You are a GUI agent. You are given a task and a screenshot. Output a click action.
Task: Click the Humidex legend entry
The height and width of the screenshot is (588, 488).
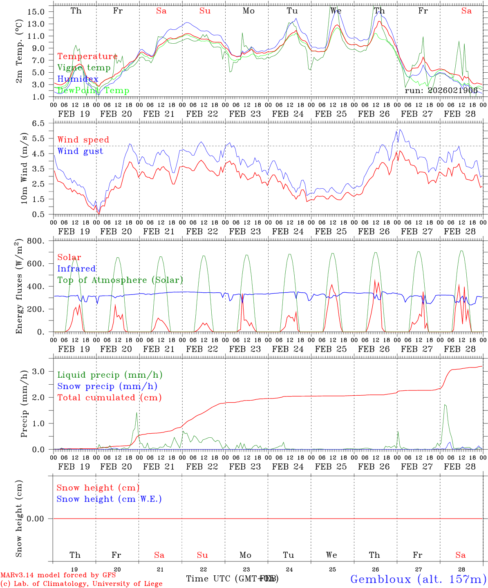pyautogui.click(x=78, y=79)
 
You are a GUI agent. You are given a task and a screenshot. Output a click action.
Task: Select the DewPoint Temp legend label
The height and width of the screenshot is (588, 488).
pyautogui.click(x=93, y=90)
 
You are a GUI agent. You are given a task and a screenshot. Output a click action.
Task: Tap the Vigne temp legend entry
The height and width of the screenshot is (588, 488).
pyautogui.click(x=84, y=67)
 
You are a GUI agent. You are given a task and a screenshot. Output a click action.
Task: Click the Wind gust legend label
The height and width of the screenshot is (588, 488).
pyautogui.click(x=80, y=151)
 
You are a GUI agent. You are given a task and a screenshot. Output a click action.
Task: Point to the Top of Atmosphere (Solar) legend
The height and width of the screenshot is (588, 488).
pyautogui.click(x=120, y=280)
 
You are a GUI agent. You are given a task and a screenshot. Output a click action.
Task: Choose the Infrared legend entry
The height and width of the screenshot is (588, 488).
pyautogui.click(x=76, y=269)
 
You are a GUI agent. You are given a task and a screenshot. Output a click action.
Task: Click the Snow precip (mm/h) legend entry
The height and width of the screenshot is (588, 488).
pyautogui.click(x=107, y=386)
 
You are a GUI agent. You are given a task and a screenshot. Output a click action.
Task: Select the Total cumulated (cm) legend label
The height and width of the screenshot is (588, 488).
pyautogui.click(x=109, y=397)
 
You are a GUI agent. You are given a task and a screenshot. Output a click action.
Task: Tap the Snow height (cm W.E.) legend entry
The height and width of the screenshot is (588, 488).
pyautogui.click(x=109, y=499)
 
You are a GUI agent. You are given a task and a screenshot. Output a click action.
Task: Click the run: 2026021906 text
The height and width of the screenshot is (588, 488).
pyautogui.click(x=441, y=90)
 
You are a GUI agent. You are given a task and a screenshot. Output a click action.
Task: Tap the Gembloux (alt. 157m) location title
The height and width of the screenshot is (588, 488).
pyautogui.click(x=418, y=579)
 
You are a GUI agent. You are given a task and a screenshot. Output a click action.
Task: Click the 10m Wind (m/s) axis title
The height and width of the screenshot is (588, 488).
pyautogui.click(x=24, y=168)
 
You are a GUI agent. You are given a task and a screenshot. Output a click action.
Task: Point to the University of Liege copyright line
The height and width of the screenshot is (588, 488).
pyautogui.click(x=81, y=584)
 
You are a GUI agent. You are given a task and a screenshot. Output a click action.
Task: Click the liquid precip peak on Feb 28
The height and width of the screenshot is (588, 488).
pyautogui.click(x=445, y=405)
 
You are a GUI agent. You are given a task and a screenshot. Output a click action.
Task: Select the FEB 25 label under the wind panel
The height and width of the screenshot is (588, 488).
pyautogui.click(x=331, y=231)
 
